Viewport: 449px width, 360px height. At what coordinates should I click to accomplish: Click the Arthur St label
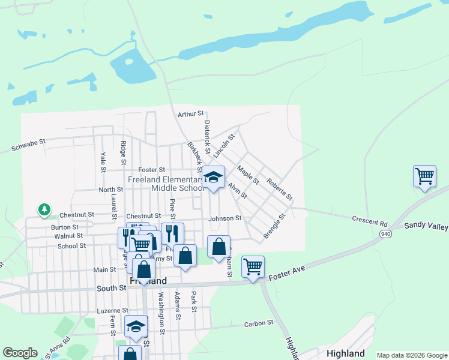(191, 114)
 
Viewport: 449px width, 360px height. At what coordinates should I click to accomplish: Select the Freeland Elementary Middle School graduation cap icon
(212, 177)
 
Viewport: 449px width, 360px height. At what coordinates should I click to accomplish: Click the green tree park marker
(44, 209)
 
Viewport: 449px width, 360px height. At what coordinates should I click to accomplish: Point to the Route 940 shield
(385, 233)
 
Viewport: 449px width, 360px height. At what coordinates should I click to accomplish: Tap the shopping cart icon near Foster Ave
(253, 266)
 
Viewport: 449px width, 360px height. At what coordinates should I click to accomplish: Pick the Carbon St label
(259, 323)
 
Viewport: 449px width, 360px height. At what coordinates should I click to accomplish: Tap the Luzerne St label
(113, 311)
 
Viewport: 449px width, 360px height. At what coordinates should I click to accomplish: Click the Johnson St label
(224, 218)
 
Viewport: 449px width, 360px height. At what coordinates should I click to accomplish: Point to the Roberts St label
(280, 189)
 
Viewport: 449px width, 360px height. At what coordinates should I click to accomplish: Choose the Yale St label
(103, 159)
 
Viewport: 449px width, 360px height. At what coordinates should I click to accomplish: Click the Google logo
(20, 353)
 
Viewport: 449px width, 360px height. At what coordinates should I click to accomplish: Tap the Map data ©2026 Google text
(412, 355)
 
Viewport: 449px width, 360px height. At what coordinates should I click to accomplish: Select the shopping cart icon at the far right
(424, 176)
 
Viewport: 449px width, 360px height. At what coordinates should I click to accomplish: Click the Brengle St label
(274, 227)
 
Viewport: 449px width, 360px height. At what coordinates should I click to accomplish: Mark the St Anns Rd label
(58, 349)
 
